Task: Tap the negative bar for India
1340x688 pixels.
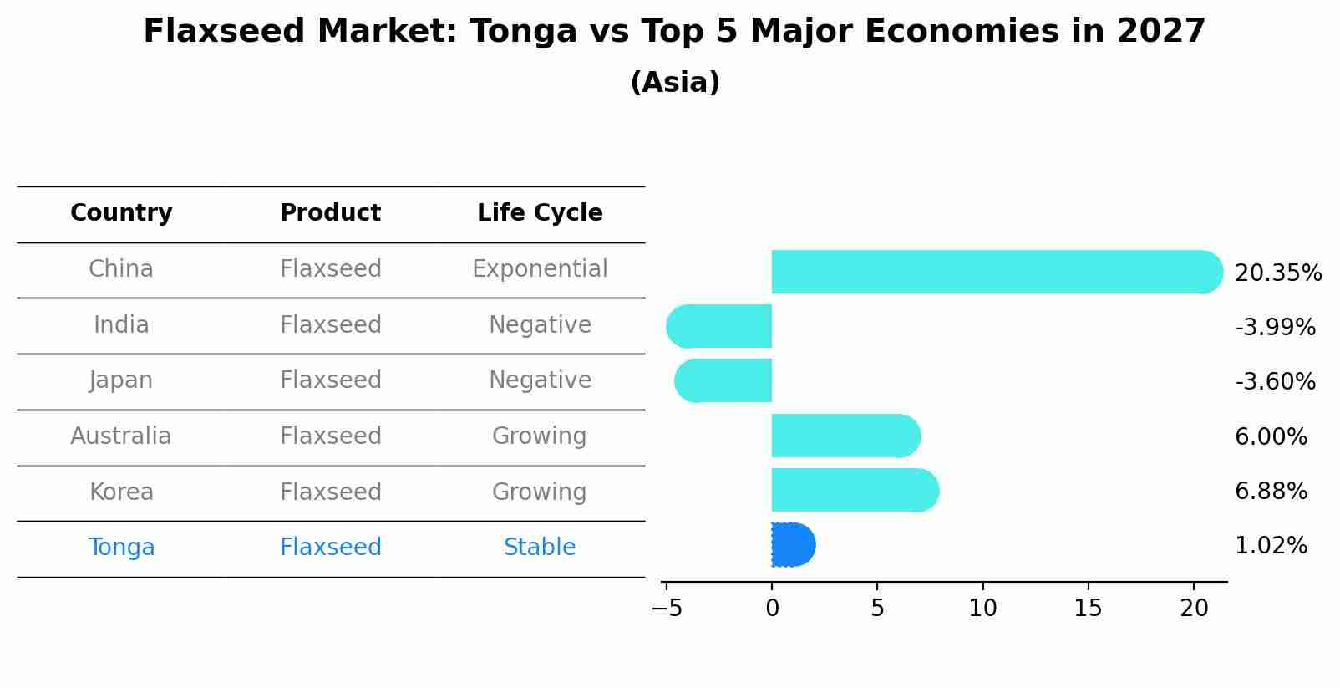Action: coord(720,326)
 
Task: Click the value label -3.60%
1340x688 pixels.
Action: coord(1275,382)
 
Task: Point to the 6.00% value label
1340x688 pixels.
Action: coord(1271,436)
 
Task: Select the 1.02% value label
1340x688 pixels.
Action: coord(1271,546)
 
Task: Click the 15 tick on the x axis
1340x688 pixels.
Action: coord(1089,609)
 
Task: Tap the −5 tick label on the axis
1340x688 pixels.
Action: coord(667,609)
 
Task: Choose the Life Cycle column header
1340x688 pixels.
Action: coord(540,213)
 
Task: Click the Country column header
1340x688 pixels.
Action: coord(121,213)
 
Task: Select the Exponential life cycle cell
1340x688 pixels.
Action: coord(540,269)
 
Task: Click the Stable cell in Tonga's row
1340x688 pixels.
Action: coord(540,548)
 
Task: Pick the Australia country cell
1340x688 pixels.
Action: coord(121,436)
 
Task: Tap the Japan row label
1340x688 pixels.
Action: coord(121,380)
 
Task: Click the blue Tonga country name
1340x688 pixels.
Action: coord(121,548)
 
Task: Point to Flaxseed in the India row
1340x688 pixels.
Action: coord(331,325)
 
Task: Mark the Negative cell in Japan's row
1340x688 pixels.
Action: coord(540,380)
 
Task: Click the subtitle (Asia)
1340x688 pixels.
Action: coord(675,83)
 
